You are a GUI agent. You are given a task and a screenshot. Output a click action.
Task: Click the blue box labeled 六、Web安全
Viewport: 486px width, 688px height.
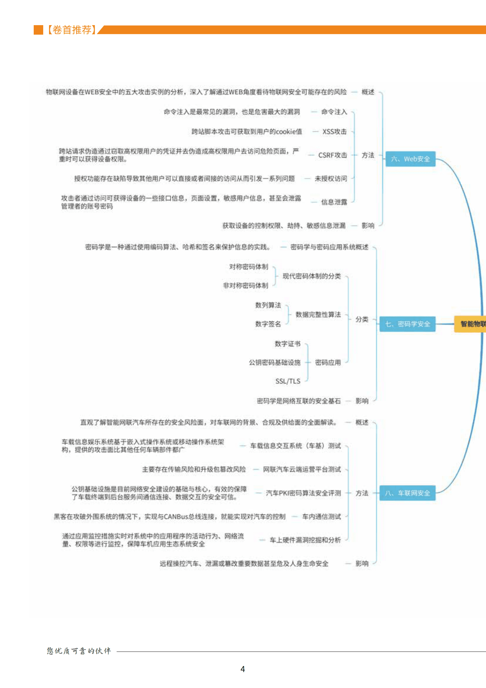tap(410, 159)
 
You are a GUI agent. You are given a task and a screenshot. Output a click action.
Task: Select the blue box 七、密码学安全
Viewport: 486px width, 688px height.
tap(407, 324)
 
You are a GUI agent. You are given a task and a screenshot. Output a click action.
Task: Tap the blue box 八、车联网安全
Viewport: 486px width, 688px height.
tap(407, 493)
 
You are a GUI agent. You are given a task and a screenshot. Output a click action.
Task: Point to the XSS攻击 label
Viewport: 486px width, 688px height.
tap(334, 132)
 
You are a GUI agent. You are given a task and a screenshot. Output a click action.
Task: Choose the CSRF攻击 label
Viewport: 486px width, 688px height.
tap(332, 155)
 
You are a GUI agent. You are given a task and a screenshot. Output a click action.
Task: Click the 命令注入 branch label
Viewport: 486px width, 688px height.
tap(334, 112)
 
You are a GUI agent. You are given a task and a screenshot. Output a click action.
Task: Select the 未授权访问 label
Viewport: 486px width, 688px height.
tap(331, 178)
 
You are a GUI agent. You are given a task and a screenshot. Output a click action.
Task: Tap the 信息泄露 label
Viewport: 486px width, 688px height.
tap(334, 202)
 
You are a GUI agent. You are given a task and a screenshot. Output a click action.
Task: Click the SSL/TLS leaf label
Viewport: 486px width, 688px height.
tap(288, 381)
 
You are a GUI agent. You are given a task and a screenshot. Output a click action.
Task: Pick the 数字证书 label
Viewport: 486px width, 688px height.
tap(287, 344)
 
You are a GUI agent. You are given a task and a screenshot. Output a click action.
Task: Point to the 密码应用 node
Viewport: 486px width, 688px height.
tap(328, 363)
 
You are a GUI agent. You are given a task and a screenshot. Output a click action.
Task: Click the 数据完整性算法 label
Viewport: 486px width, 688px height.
tap(318, 315)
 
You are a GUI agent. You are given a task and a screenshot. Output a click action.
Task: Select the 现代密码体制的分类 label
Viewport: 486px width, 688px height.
tap(311, 276)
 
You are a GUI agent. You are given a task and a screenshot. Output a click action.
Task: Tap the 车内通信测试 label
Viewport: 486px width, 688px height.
tap(321, 517)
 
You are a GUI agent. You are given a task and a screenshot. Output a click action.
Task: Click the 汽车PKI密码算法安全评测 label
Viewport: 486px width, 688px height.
tap(303, 493)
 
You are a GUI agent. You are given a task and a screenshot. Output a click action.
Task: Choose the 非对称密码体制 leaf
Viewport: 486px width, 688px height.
tap(245, 286)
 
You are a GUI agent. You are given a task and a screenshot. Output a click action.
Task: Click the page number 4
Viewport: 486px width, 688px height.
tap(243, 669)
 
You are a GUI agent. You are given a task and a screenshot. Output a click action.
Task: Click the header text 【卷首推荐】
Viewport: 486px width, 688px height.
tap(72, 30)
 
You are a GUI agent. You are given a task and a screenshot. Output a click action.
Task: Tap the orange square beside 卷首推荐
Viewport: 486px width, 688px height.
tap(38, 30)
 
